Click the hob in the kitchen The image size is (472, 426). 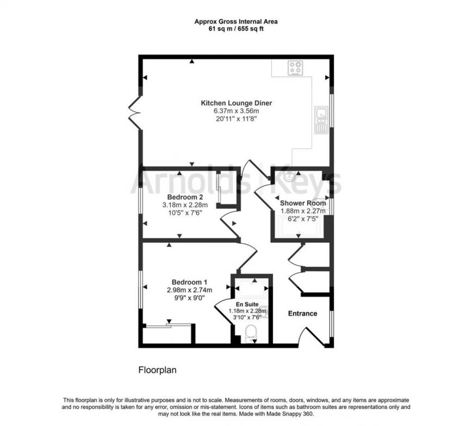pyautogui.click(x=296, y=69)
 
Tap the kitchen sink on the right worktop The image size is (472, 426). pyautogui.click(x=320, y=120)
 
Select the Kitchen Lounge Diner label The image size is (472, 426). pyautogui.click(x=236, y=103)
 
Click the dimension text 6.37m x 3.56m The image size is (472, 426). pyautogui.click(x=236, y=111)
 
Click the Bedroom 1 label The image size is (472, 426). pyautogui.click(x=189, y=282)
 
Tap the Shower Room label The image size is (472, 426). pyautogui.click(x=302, y=203)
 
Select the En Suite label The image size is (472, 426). pyautogui.click(x=247, y=305)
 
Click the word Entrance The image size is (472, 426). pyautogui.click(x=302, y=313)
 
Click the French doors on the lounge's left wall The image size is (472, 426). pyautogui.click(x=134, y=113)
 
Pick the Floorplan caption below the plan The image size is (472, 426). pyautogui.click(x=157, y=369)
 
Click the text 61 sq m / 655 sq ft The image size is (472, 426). pyautogui.click(x=236, y=29)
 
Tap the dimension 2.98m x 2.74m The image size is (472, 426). pyautogui.click(x=189, y=290)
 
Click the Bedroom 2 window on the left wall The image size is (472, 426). pyautogui.click(x=140, y=203)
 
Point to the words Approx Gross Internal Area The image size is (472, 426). pyautogui.click(x=236, y=22)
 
